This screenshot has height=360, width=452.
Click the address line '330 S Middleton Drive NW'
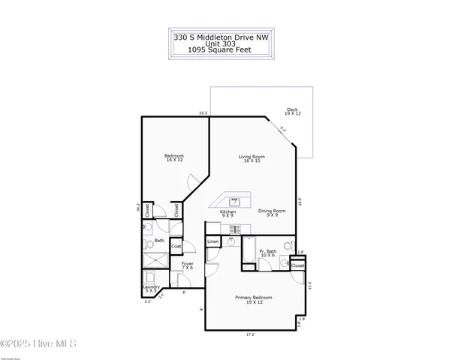click(220, 36)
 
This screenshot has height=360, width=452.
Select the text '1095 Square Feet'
click(220, 50)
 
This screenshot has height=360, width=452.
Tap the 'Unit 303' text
click(220, 43)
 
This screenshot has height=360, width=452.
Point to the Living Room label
click(251, 158)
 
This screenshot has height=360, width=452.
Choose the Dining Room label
click(272, 212)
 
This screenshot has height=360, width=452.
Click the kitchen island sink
click(235, 201)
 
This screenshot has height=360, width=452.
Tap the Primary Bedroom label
click(253, 299)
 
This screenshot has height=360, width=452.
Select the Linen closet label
click(213, 242)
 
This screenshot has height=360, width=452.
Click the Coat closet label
click(176, 246)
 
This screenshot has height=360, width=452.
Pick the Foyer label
click(177, 265)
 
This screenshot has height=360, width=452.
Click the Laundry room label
click(152, 288)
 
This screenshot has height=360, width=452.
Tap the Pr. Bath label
click(268, 253)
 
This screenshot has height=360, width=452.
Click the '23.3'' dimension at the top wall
click(203, 113)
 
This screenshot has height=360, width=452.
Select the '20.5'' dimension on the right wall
click(300, 200)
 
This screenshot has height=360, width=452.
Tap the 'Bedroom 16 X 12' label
click(174, 157)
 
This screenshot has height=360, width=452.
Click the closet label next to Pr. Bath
click(297, 265)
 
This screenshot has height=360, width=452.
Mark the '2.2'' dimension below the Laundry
click(148, 301)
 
